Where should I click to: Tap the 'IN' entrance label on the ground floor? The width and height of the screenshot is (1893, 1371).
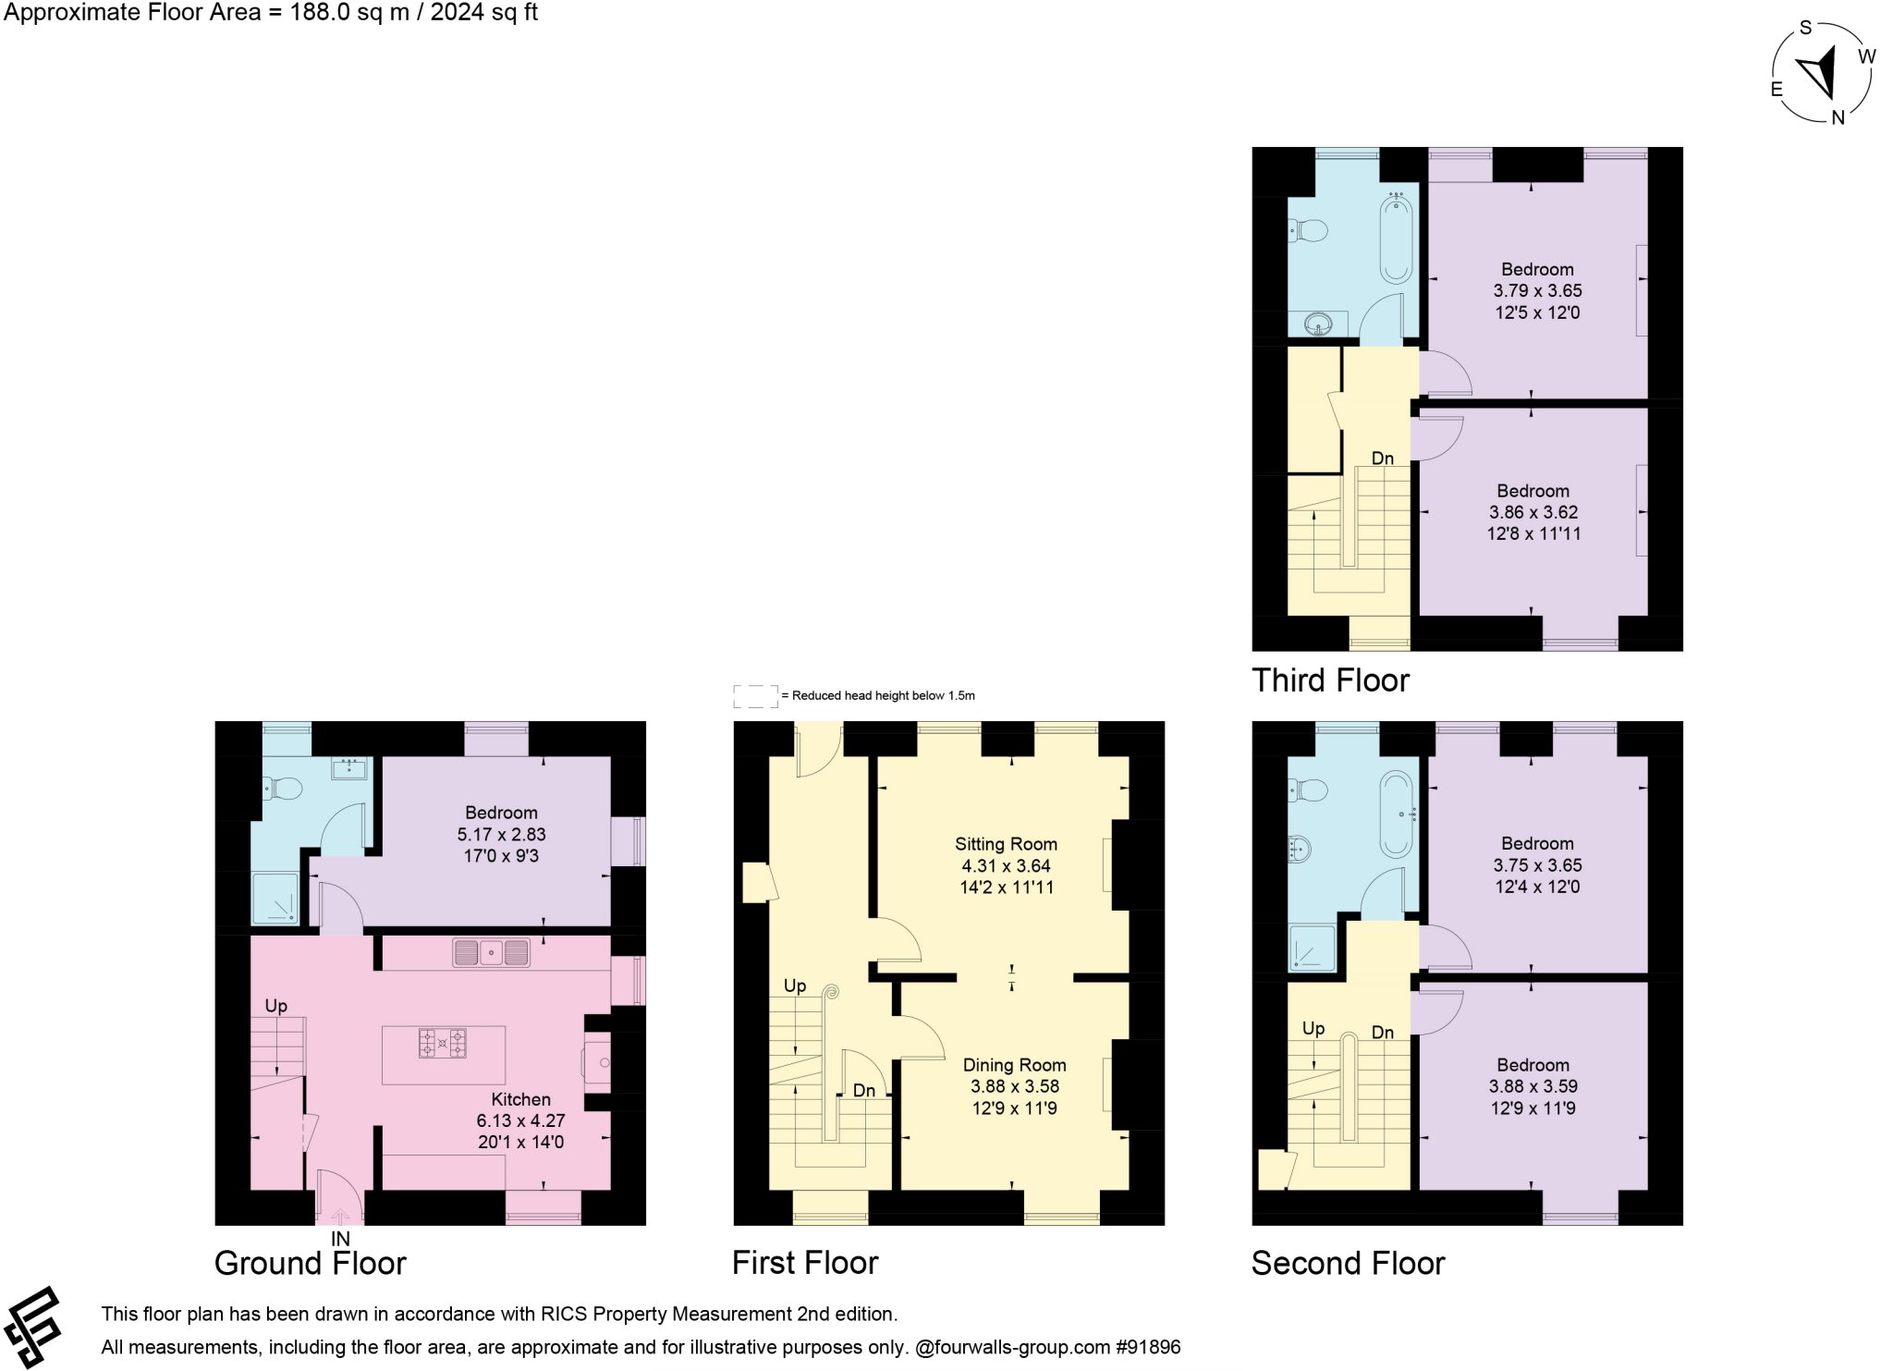coord(340,1239)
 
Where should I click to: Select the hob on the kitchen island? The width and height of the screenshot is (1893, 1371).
coord(443,1043)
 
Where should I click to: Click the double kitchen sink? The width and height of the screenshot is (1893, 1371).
coord(492,952)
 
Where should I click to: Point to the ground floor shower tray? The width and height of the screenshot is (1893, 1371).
coord(275,898)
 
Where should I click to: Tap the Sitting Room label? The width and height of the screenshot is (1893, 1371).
coord(1006,844)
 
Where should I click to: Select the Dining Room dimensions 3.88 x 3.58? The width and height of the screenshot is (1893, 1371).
coord(1014,1086)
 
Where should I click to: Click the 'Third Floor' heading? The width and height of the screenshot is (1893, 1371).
coord(1329,680)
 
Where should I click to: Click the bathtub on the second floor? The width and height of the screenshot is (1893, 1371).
coord(1396,814)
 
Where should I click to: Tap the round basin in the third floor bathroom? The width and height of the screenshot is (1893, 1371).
coord(1318,324)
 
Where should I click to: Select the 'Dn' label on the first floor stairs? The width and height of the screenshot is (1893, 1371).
coord(863,1091)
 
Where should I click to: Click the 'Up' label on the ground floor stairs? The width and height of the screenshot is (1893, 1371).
coord(276,1006)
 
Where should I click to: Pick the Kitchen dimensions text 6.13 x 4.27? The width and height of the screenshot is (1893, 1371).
coord(520,1120)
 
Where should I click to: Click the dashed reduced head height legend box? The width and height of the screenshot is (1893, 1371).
coord(755,696)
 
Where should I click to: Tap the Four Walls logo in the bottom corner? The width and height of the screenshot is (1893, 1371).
coord(32,1328)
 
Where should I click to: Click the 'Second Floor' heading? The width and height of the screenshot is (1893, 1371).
coord(1347,1264)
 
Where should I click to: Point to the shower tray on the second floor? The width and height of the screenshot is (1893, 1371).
coord(1313,949)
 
